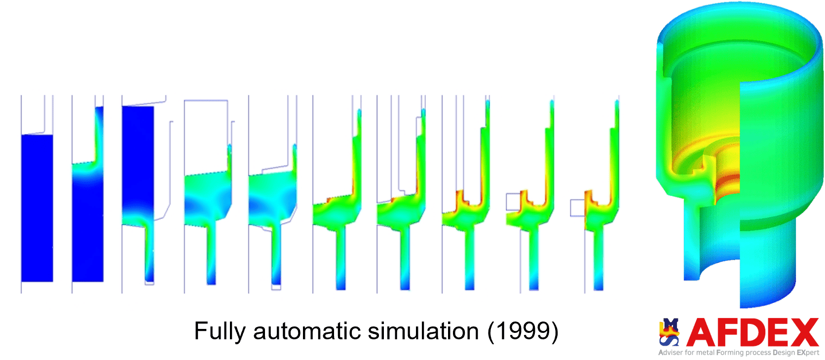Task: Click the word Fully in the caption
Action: coord(220,332)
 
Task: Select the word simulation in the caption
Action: coord(423,331)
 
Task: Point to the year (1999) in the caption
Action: coord(523,332)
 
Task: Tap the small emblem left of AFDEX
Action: coord(669,332)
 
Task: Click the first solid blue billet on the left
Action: coord(37,208)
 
